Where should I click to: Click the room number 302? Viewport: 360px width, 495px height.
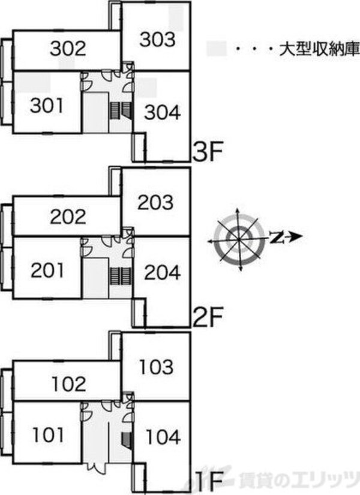(x=68, y=49)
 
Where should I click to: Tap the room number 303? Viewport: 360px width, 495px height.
(x=157, y=40)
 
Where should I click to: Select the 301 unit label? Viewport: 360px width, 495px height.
(x=46, y=106)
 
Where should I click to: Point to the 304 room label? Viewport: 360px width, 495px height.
(x=163, y=113)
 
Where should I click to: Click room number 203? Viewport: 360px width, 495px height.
(x=155, y=202)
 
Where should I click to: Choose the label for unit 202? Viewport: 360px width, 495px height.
(x=68, y=217)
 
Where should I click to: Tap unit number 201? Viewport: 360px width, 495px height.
(x=47, y=271)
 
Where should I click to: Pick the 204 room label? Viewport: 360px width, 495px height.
(x=163, y=272)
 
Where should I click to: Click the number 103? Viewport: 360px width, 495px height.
(x=157, y=367)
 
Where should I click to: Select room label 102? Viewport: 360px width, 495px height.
(x=68, y=384)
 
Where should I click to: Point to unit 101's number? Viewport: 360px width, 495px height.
(x=48, y=435)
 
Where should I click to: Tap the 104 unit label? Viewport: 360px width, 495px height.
(x=163, y=437)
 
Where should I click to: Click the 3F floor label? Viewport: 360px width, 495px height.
(x=208, y=152)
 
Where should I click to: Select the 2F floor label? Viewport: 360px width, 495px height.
(x=208, y=317)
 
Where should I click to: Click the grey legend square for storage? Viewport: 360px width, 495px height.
(x=217, y=49)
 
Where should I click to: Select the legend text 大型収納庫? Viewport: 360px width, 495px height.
(x=319, y=50)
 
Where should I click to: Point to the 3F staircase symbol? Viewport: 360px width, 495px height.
(x=121, y=110)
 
